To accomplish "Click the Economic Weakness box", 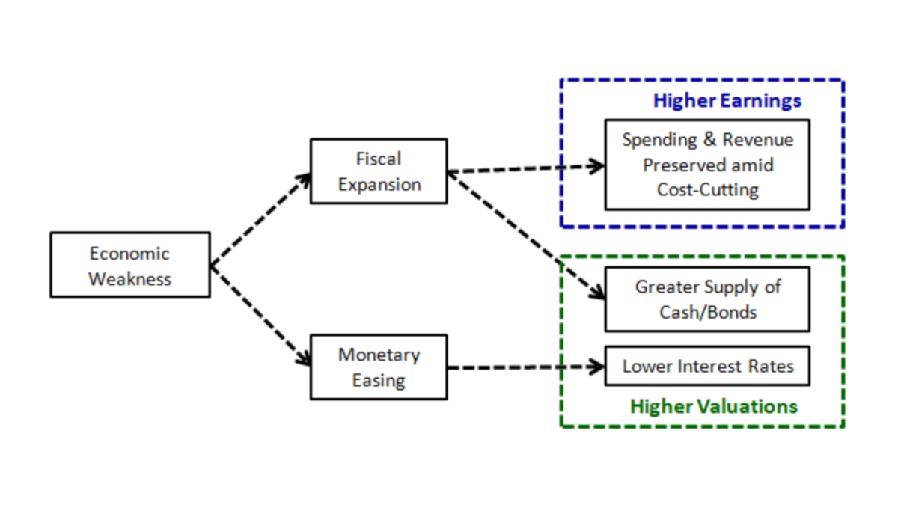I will pos(129,265).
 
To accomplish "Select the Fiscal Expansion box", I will pos(379,171).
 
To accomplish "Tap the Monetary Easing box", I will pos(379,367).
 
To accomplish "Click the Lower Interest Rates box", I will pos(707,367).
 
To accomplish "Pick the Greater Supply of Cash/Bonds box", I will pos(707,299).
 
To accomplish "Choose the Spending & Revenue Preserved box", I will pos(707,165).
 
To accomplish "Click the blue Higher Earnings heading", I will pos(727,101).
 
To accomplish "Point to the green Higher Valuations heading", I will pos(714,406).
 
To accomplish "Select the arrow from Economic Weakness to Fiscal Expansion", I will pos(260,219).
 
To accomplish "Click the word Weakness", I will pos(129,279).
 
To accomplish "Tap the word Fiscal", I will pos(379,159).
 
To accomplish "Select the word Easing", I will pos(379,380).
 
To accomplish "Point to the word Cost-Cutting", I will pos(707,190).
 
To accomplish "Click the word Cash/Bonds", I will pos(707,312).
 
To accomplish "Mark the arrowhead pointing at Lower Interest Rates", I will pos(598,367).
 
